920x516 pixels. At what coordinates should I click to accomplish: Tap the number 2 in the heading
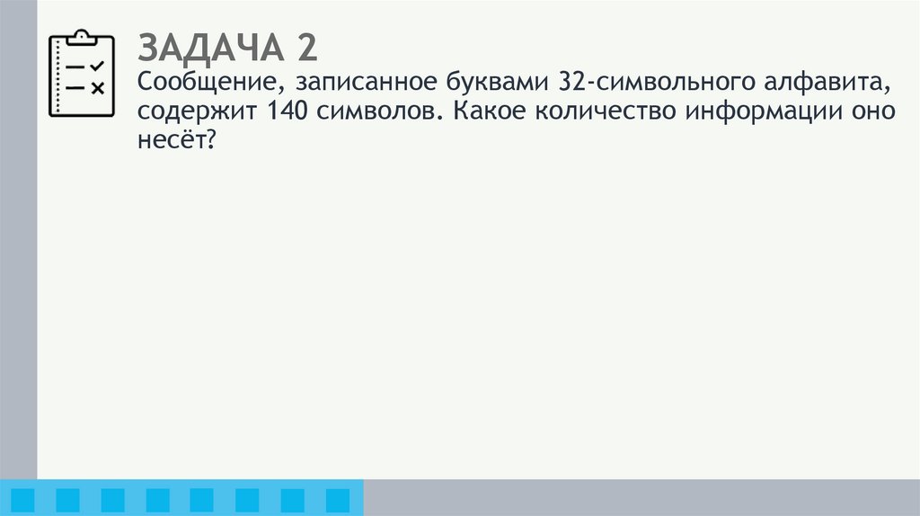305,47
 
